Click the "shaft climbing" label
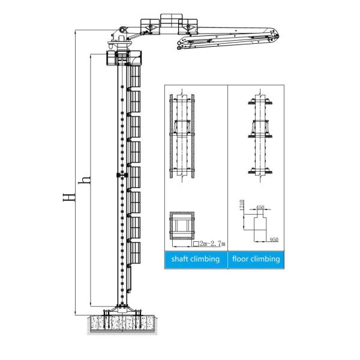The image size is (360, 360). tap(196, 259)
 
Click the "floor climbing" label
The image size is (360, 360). tap(256, 259)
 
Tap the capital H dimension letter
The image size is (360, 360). tap(68, 197)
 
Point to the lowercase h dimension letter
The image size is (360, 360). tap(85, 180)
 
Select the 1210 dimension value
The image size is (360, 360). tap(241, 205)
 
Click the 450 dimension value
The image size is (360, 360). tap(260, 208)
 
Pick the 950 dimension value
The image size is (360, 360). tap(274, 239)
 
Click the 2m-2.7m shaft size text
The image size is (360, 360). tap(209, 244)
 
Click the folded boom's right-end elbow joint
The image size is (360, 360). tap(274, 35)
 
